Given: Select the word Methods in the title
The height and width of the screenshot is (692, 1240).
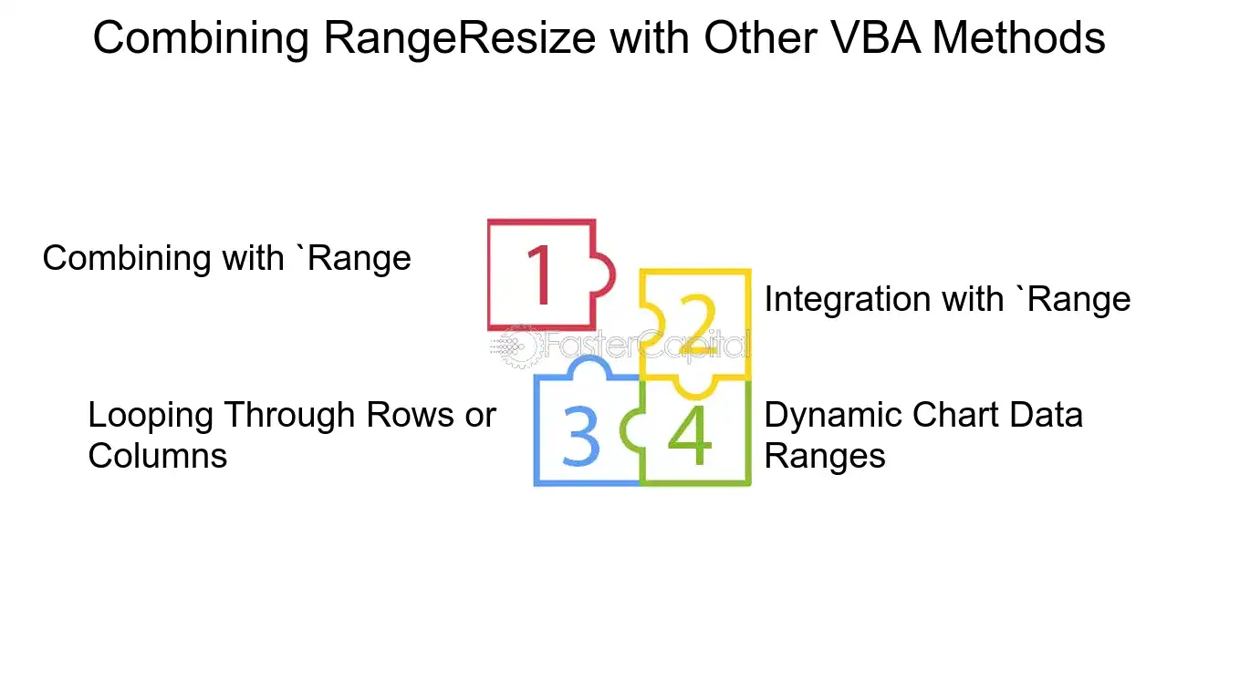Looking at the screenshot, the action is pyautogui.click(x=1018, y=37).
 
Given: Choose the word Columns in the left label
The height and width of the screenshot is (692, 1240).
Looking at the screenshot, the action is pyautogui.click(x=158, y=456).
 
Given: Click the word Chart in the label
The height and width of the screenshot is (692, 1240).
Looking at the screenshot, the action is pyautogui.click(x=955, y=415).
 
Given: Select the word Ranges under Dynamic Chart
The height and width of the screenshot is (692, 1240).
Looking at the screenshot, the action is pyautogui.click(x=825, y=458).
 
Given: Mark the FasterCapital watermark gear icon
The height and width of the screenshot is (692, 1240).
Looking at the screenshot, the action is pyautogui.click(x=517, y=346).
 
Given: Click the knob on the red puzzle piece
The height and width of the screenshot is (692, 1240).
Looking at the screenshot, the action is pyautogui.click(x=603, y=275).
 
